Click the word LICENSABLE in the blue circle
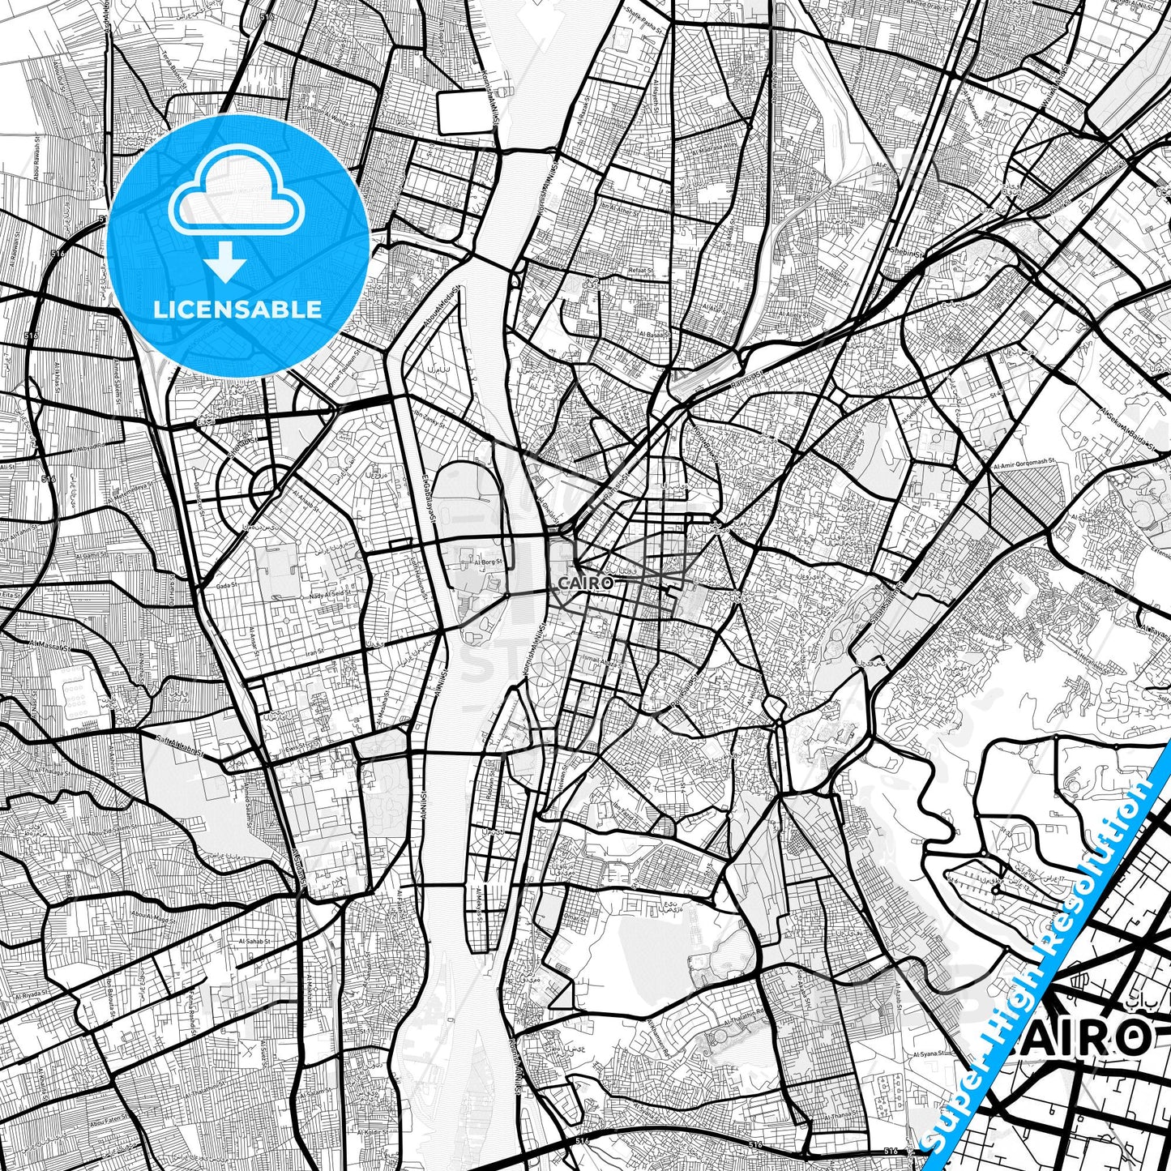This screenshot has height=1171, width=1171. pos(237,310)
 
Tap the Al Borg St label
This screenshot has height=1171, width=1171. pos(489,561)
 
